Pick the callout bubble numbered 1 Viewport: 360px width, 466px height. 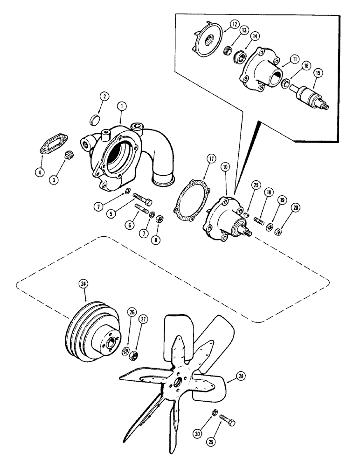pos(121,107)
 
